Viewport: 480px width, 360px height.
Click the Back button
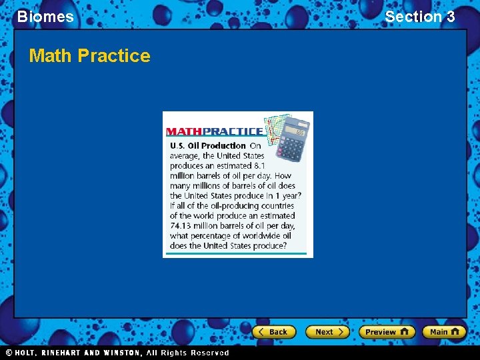pos(273,332)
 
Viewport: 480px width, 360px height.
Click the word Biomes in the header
pos(45,17)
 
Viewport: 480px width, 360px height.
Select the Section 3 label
pos(420,17)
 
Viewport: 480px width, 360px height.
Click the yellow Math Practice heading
pos(89,55)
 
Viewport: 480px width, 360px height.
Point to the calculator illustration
pos(292,139)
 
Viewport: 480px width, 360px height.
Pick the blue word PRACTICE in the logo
pos(233,131)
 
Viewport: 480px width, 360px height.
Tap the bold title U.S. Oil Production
pos(208,145)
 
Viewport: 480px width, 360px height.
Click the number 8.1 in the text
pos(259,166)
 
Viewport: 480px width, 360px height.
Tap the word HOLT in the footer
pos(25,353)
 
